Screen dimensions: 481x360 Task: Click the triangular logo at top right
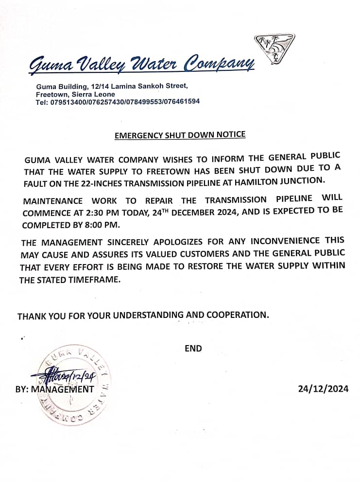pos(274,48)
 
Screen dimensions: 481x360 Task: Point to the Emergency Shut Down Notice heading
pos(180,134)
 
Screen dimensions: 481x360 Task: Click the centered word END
pos(193,348)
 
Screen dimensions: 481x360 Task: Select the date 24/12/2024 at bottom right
pos(323,388)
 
